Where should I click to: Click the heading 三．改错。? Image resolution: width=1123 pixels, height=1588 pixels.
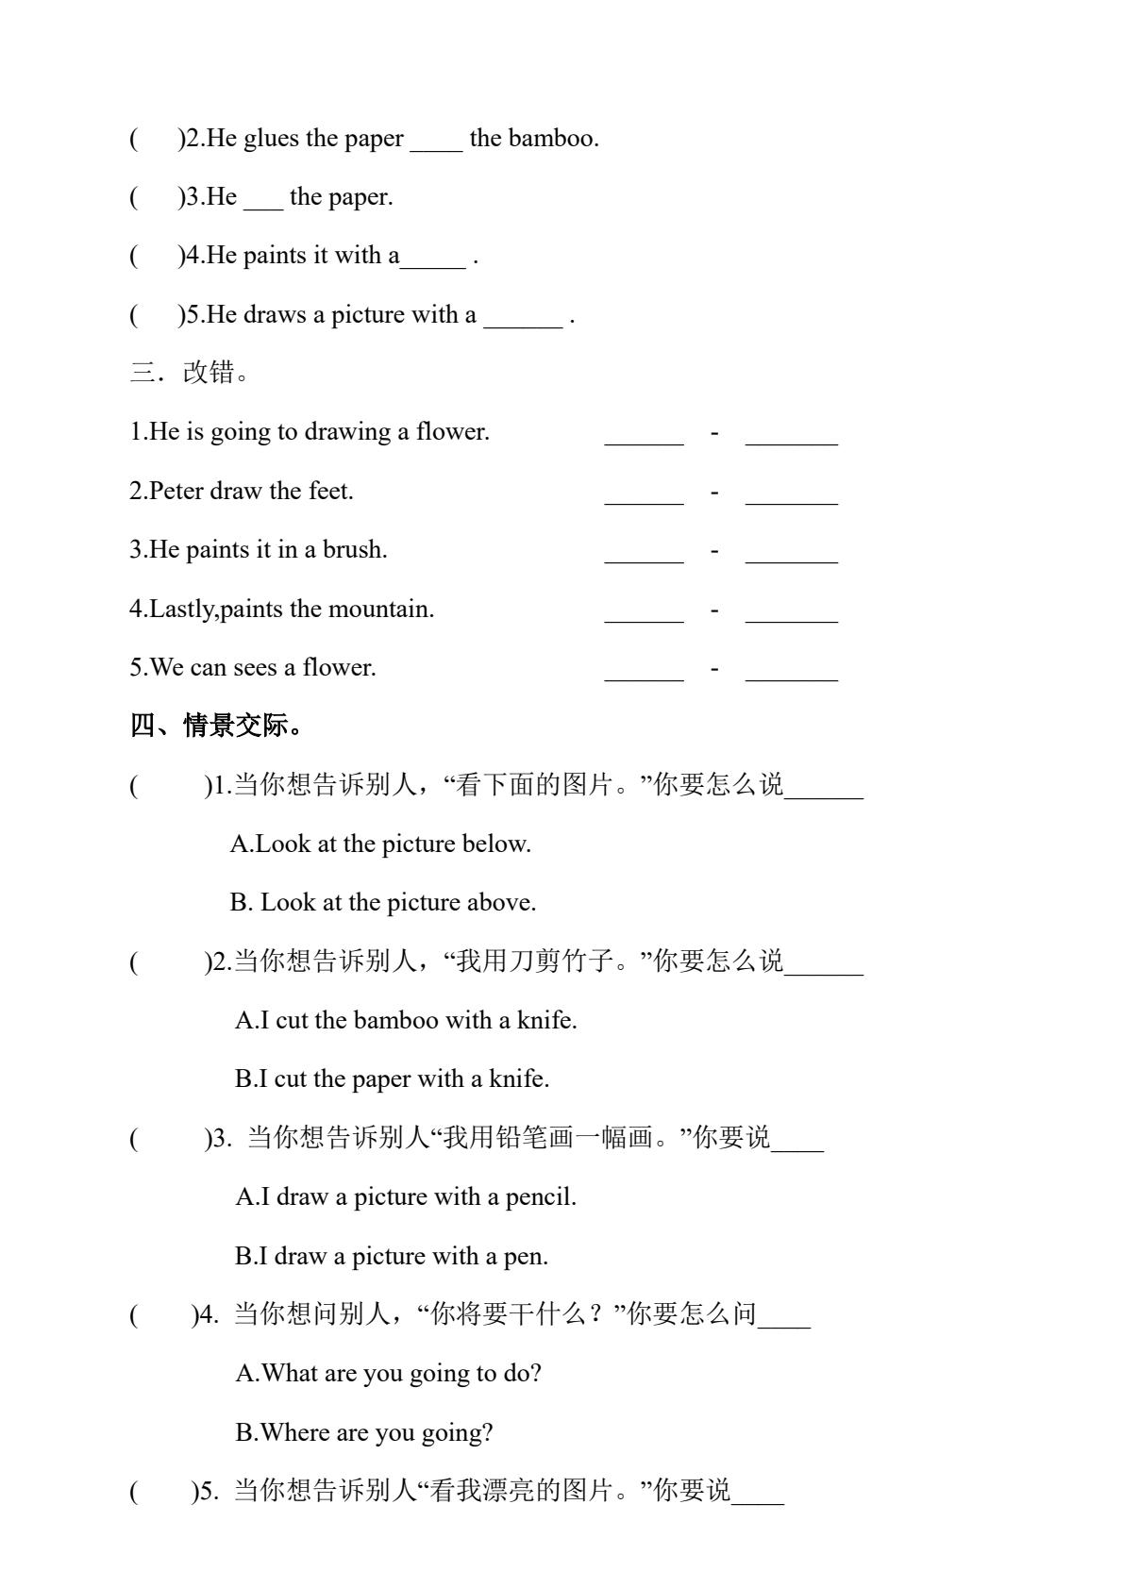coord(190,373)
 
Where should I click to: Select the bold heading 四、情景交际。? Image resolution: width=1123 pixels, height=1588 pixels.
coord(216,726)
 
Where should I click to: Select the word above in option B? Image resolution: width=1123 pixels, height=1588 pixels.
coord(502,903)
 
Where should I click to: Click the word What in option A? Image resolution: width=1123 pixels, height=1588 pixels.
coord(290,1373)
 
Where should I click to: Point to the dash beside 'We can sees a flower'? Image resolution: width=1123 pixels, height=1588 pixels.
coord(714,669)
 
